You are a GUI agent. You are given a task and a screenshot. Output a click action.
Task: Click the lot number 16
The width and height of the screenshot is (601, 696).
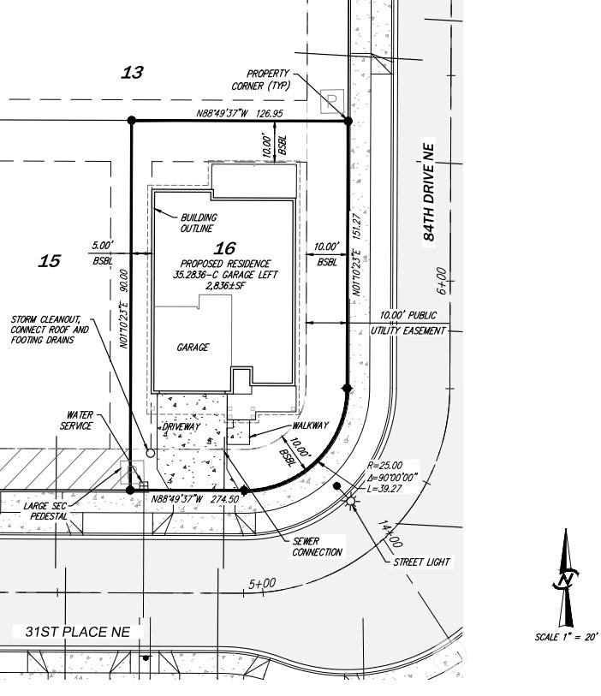[x=224, y=248]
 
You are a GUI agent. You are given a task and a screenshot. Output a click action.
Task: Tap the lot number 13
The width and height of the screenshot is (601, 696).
[x=133, y=73]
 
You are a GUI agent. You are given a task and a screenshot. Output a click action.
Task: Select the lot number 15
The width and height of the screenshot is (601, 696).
[x=50, y=261]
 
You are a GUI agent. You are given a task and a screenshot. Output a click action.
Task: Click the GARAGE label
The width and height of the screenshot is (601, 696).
[x=193, y=347]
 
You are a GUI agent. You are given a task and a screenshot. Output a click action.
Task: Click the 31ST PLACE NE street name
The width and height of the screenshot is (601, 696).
[x=78, y=632]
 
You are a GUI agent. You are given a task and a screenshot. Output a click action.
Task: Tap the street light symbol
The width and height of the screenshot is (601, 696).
[x=351, y=502]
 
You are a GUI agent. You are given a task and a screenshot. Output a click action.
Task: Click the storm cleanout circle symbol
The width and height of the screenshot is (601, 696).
[x=151, y=453]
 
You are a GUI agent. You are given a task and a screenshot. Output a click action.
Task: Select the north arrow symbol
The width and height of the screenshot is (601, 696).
[x=566, y=578]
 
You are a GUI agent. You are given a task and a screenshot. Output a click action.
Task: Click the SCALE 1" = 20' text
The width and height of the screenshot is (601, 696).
[x=566, y=637]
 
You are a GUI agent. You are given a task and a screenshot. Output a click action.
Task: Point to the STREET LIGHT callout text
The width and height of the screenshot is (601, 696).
[x=422, y=562]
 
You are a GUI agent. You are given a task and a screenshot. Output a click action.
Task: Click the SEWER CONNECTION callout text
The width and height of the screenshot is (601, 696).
[x=317, y=547]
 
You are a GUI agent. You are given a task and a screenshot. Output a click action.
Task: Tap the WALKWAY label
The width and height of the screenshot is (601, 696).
[x=310, y=425]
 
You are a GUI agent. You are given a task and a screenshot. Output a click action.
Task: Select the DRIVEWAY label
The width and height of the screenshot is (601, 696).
[x=181, y=426]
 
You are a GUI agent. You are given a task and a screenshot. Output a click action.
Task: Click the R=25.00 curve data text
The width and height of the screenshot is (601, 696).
[x=384, y=465]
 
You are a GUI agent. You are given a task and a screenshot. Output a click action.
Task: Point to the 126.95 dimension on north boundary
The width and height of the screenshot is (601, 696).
[x=270, y=114]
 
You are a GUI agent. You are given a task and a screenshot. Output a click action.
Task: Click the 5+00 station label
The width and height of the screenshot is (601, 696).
[x=262, y=583]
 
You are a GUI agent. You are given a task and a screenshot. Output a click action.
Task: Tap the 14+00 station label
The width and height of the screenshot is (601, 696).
[x=390, y=534]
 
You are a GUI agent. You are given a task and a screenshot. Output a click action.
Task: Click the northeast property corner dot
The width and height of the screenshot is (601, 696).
[x=348, y=121]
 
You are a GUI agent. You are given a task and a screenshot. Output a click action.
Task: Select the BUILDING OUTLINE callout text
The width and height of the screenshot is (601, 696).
[x=199, y=223]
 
